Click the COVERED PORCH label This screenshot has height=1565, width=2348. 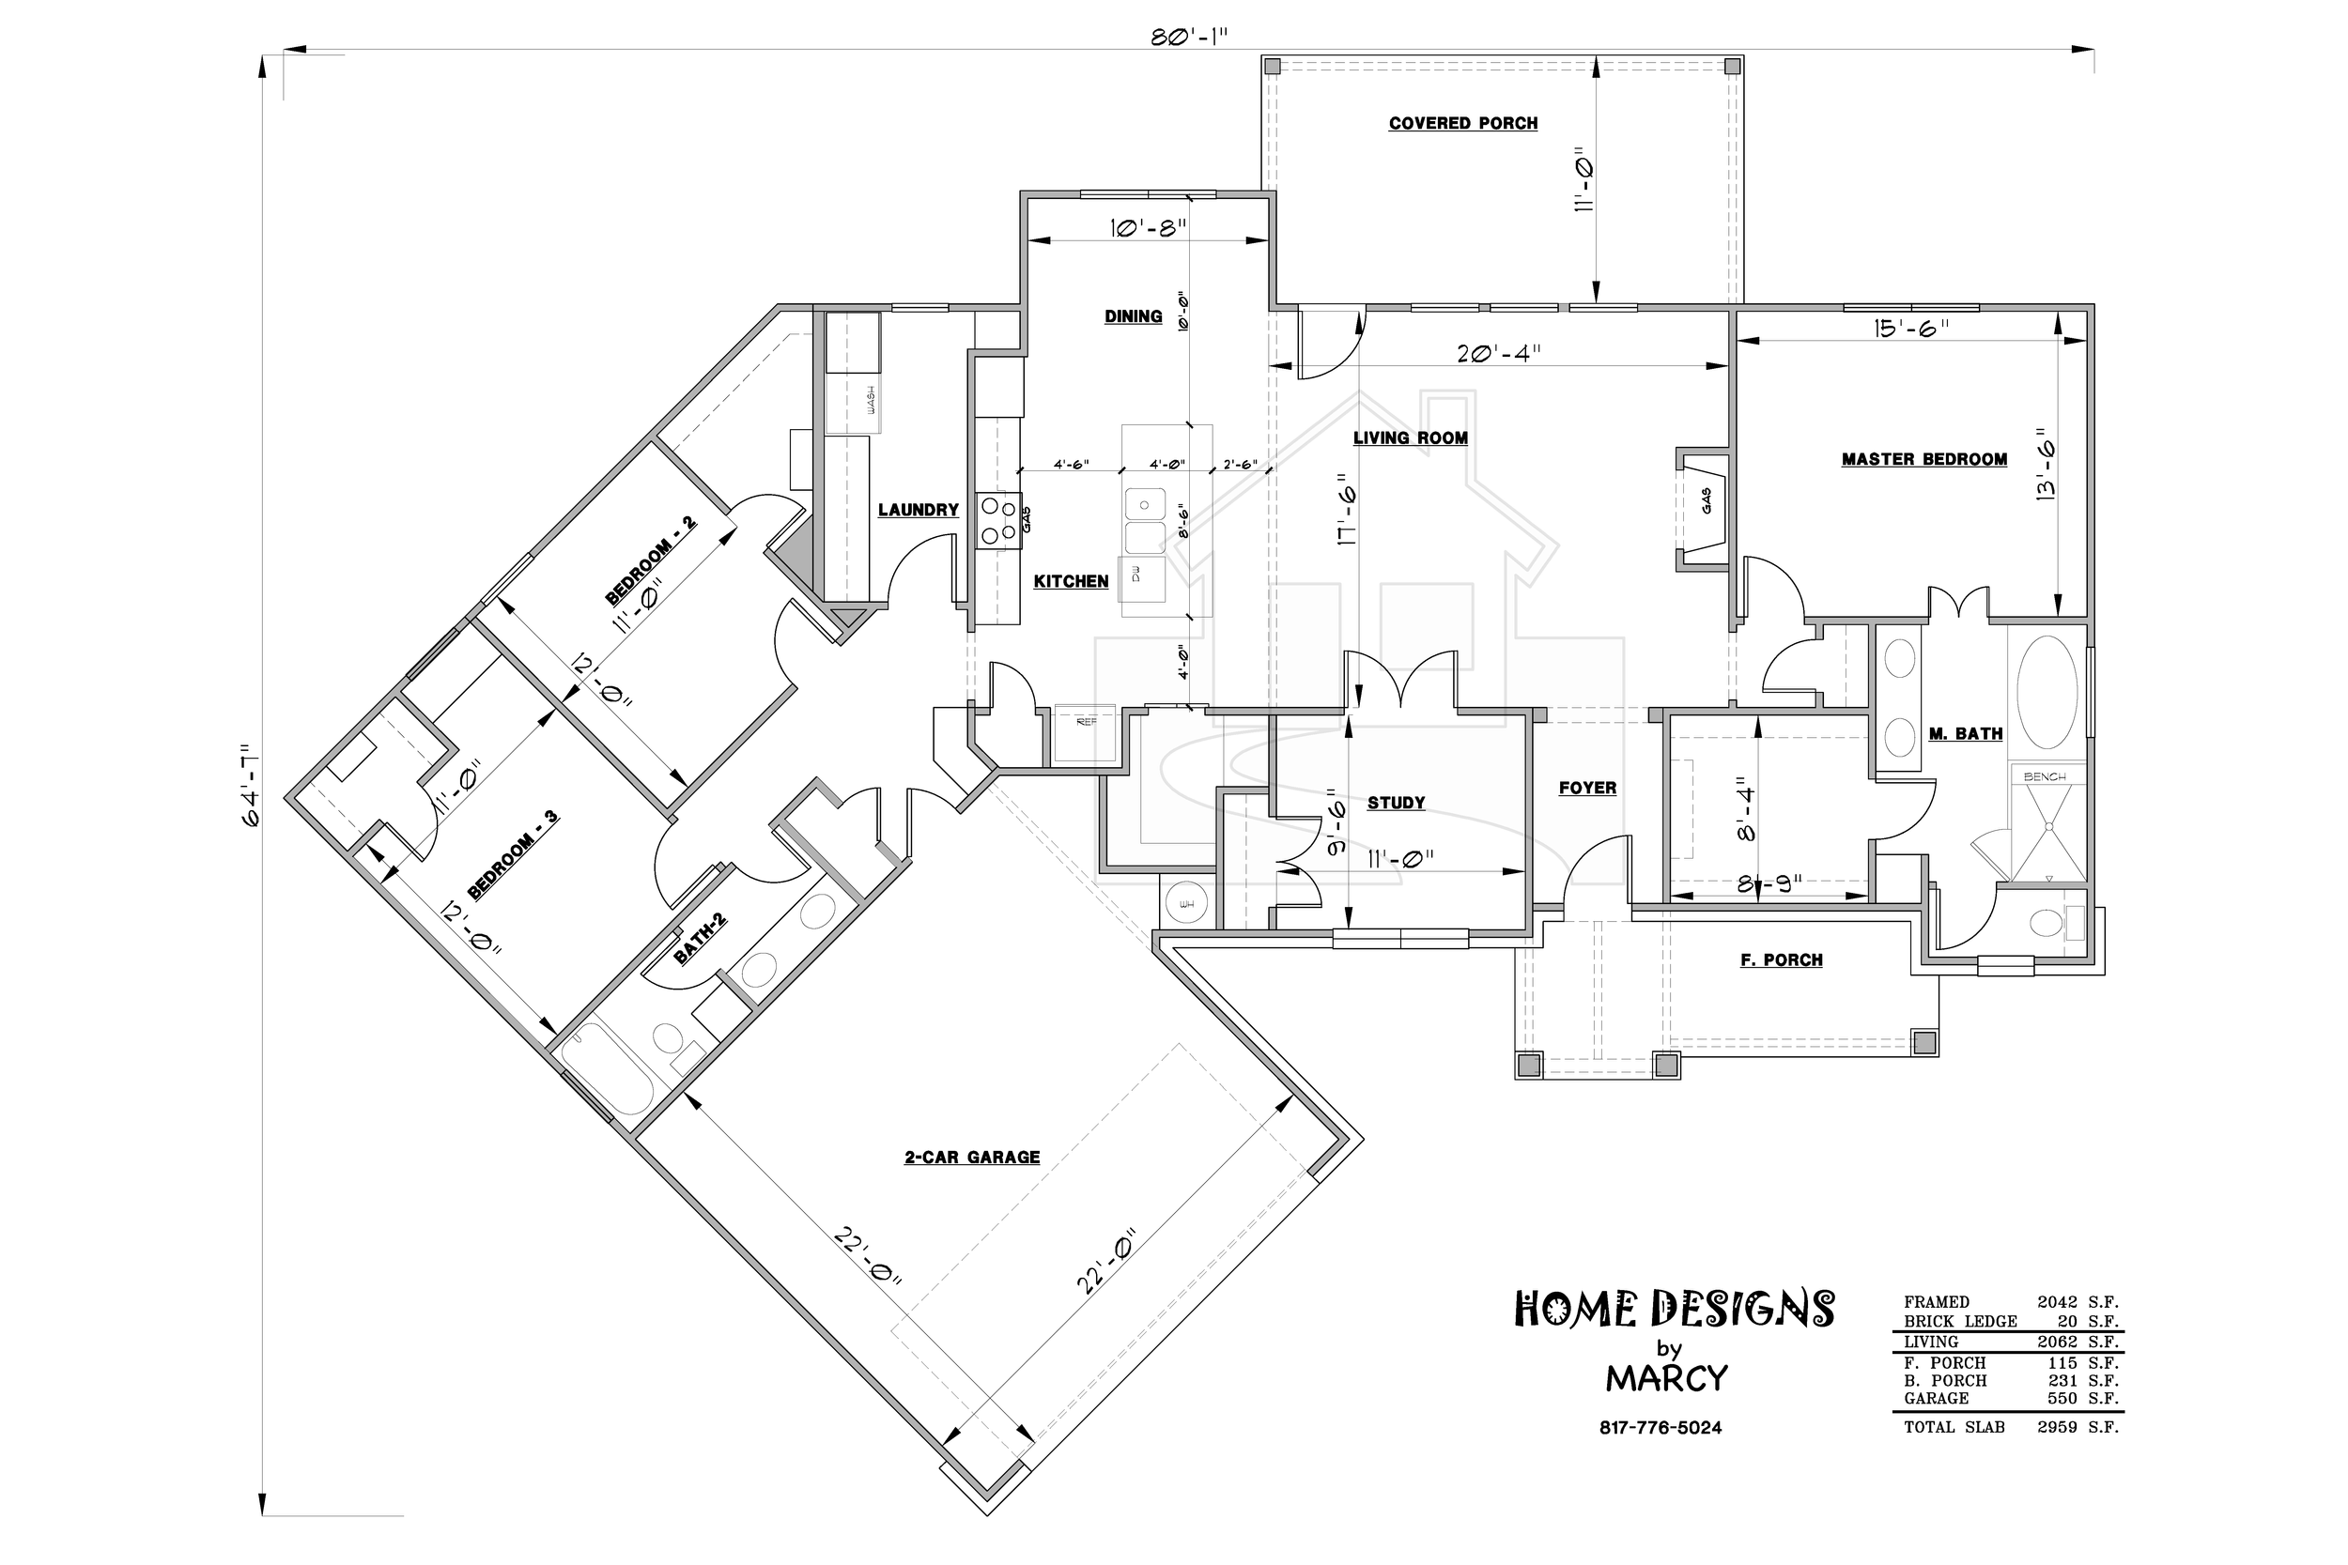point(1462,124)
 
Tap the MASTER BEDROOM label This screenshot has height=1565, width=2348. point(1923,459)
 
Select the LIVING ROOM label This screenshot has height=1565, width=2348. point(1410,438)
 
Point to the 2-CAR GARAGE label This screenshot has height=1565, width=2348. point(971,1157)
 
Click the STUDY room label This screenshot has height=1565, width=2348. point(1396,803)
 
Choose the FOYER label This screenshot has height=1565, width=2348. point(1587,789)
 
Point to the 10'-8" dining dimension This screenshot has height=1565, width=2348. point(1147,227)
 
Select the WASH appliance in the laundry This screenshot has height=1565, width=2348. point(854,402)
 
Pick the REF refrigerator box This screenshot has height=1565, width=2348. point(1085,733)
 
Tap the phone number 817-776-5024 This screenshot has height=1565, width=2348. point(1661,1428)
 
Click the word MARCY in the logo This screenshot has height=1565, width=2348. point(1666,1379)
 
